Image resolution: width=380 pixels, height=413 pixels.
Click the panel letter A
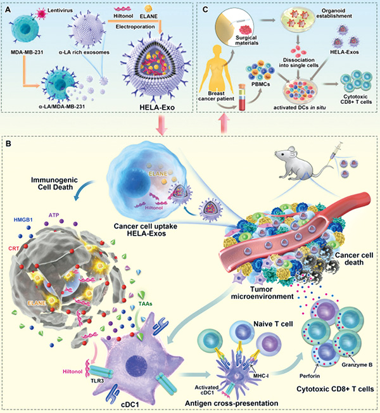coord(8,10)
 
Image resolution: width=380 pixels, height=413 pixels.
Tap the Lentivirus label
coord(60,11)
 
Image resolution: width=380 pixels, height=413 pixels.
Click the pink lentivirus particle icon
coord(41,13)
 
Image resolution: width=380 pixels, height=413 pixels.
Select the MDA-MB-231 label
coord(27,52)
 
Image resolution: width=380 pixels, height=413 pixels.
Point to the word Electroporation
coord(136,27)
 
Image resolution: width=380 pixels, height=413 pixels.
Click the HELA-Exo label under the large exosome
coord(157,107)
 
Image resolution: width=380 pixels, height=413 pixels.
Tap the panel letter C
coord(205,10)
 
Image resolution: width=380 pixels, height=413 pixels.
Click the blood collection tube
coord(242,97)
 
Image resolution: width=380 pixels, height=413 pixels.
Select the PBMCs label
coord(260,84)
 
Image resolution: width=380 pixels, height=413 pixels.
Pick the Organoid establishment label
coord(334,13)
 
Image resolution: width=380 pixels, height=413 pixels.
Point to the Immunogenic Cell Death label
coord(54,184)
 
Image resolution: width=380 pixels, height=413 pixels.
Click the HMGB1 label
coord(23,220)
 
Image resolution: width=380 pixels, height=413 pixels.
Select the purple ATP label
coord(54,215)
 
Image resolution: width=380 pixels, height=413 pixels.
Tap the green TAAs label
coord(146,303)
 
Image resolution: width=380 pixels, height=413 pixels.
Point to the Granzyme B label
coord(357,365)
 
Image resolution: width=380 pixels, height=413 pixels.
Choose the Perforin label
coord(310,376)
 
